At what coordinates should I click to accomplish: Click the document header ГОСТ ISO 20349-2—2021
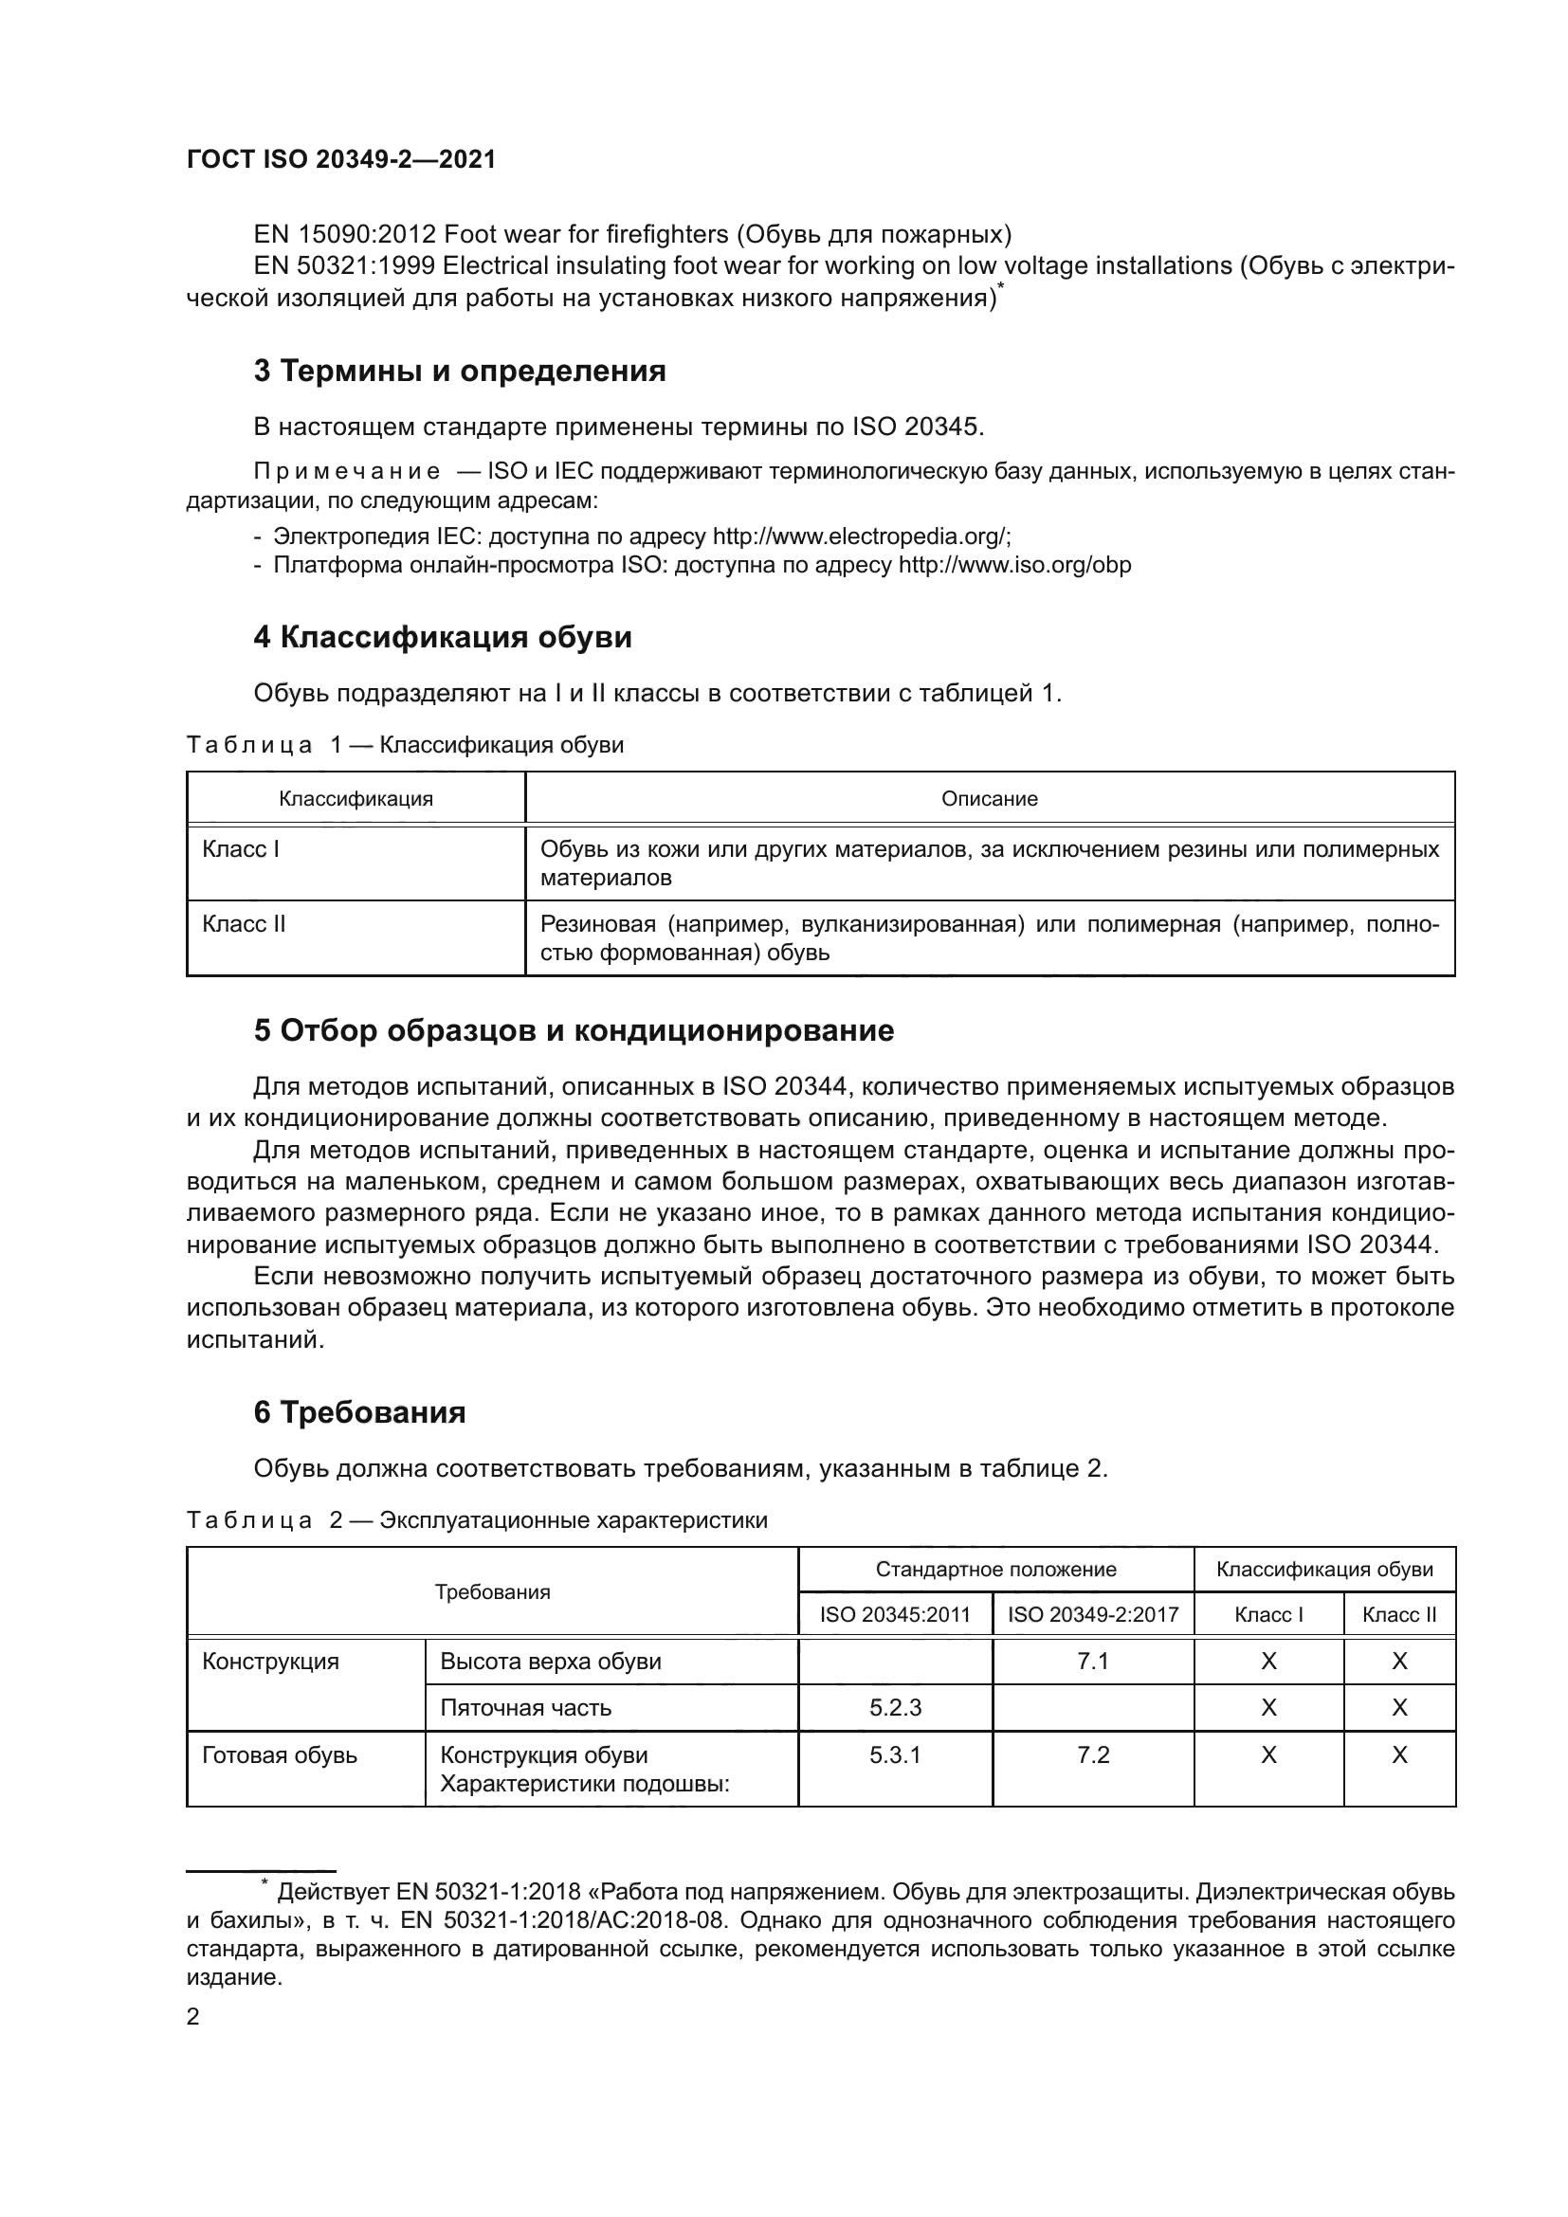click(341, 160)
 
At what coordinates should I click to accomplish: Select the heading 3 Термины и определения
click(460, 371)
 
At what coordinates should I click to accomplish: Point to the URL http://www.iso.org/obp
click(1014, 565)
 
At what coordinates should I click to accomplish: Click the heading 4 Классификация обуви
click(442, 637)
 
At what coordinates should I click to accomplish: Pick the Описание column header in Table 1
click(989, 798)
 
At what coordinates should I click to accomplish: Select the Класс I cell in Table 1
click(242, 849)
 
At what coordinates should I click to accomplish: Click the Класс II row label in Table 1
click(245, 924)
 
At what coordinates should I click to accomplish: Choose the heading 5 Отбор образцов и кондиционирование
click(574, 1031)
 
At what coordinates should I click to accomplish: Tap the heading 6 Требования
click(359, 1412)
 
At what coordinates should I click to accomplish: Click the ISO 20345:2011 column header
click(895, 1614)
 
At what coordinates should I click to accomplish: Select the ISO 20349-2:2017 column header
click(1093, 1614)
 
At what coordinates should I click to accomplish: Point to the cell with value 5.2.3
click(895, 1707)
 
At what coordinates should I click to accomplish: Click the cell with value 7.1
click(1093, 1661)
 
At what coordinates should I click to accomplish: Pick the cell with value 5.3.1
click(895, 1754)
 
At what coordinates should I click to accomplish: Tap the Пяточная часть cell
click(525, 1707)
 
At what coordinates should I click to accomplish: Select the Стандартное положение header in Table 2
click(995, 1569)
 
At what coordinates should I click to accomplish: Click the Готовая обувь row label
click(280, 1754)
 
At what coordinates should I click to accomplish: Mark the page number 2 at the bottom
click(193, 2017)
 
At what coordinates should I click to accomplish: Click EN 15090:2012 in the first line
click(345, 235)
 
